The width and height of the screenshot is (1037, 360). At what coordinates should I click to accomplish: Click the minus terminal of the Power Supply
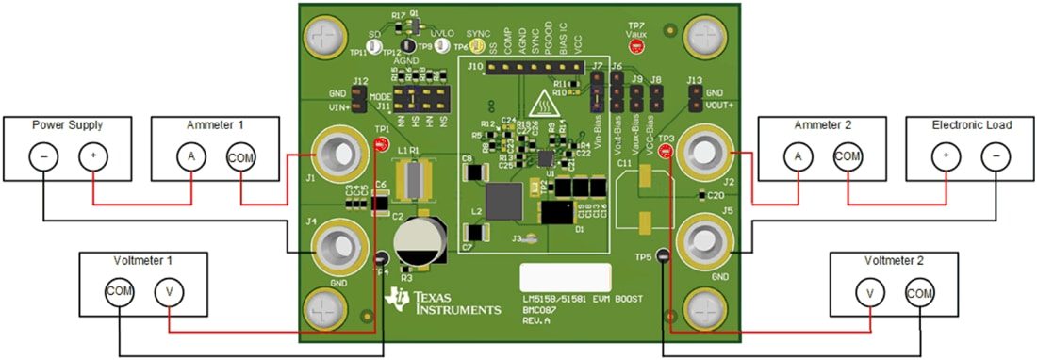tap(43, 156)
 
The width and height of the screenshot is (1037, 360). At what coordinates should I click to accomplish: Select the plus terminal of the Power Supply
tap(92, 156)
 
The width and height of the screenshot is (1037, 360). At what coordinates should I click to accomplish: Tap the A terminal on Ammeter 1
tap(191, 156)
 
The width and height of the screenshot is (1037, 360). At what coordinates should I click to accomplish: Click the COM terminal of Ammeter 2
tap(847, 156)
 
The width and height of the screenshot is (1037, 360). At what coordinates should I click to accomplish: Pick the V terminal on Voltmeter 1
tap(169, 293)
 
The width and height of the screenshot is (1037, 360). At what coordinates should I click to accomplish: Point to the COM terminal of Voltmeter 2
tap(920, 293)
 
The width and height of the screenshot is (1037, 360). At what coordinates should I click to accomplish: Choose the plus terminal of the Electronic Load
tap(946, 156)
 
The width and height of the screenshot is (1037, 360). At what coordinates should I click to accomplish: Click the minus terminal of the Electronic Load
tap(996, 156)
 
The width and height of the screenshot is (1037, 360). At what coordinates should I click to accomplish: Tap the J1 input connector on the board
tap(336, 154)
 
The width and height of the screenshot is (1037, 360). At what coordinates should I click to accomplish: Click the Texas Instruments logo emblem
tap(398, 299)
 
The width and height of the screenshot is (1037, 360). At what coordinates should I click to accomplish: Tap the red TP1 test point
tap(381, 144)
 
